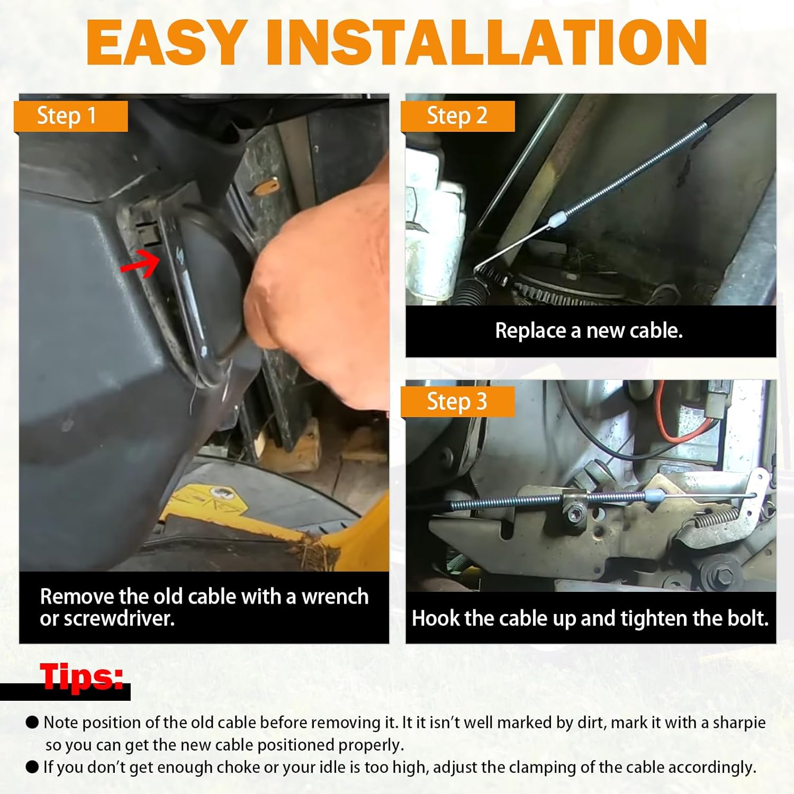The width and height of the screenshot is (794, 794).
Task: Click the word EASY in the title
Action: (167, 42)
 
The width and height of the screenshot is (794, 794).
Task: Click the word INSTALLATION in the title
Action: (486, 42)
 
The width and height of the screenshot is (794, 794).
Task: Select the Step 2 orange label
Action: (457, 116)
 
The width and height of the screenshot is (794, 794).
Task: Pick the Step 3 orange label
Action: (457, 402)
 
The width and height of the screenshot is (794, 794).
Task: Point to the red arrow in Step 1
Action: (140, 263)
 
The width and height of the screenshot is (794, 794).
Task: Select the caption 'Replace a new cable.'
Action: (589, 331)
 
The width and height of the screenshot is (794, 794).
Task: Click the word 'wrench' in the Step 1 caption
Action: (335, 597)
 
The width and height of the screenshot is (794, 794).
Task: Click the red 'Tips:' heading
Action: (83, 676)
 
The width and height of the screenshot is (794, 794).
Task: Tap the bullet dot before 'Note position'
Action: (33, 723)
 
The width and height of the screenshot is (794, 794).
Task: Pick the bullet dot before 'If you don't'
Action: (33, 767)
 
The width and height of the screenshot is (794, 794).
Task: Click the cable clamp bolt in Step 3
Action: (575, 512)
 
